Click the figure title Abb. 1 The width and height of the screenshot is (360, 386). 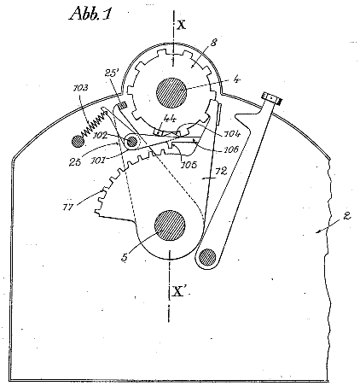click(90, 13)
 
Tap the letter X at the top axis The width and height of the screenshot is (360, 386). click(181, 24)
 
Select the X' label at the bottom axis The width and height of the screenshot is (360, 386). click(178, 291)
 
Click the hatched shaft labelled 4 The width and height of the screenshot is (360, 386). click(171, 92)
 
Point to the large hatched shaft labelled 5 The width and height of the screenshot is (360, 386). click(170, 225)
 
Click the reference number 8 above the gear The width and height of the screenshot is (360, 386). click(213, 43)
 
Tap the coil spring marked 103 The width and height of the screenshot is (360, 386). click(94, 122)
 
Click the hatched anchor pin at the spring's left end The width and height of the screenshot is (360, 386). click(78, 141)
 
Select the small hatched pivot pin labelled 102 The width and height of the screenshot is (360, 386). click(131, 141)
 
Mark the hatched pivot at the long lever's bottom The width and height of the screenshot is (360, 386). click(207, 257)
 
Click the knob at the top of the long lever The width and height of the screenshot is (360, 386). click(271, 98)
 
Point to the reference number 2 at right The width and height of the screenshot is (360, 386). click(347, 216)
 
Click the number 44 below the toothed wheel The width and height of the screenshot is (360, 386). click(170, 120)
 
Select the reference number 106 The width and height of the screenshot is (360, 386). click(231, 149)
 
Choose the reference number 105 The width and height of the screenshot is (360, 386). click(189, 165)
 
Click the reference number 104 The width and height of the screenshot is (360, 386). click(233, 133)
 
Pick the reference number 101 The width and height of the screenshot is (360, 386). click(98, 161)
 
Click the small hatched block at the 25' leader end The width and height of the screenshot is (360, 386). click(123, 106)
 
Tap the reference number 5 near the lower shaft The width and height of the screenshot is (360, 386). click(125, 257)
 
